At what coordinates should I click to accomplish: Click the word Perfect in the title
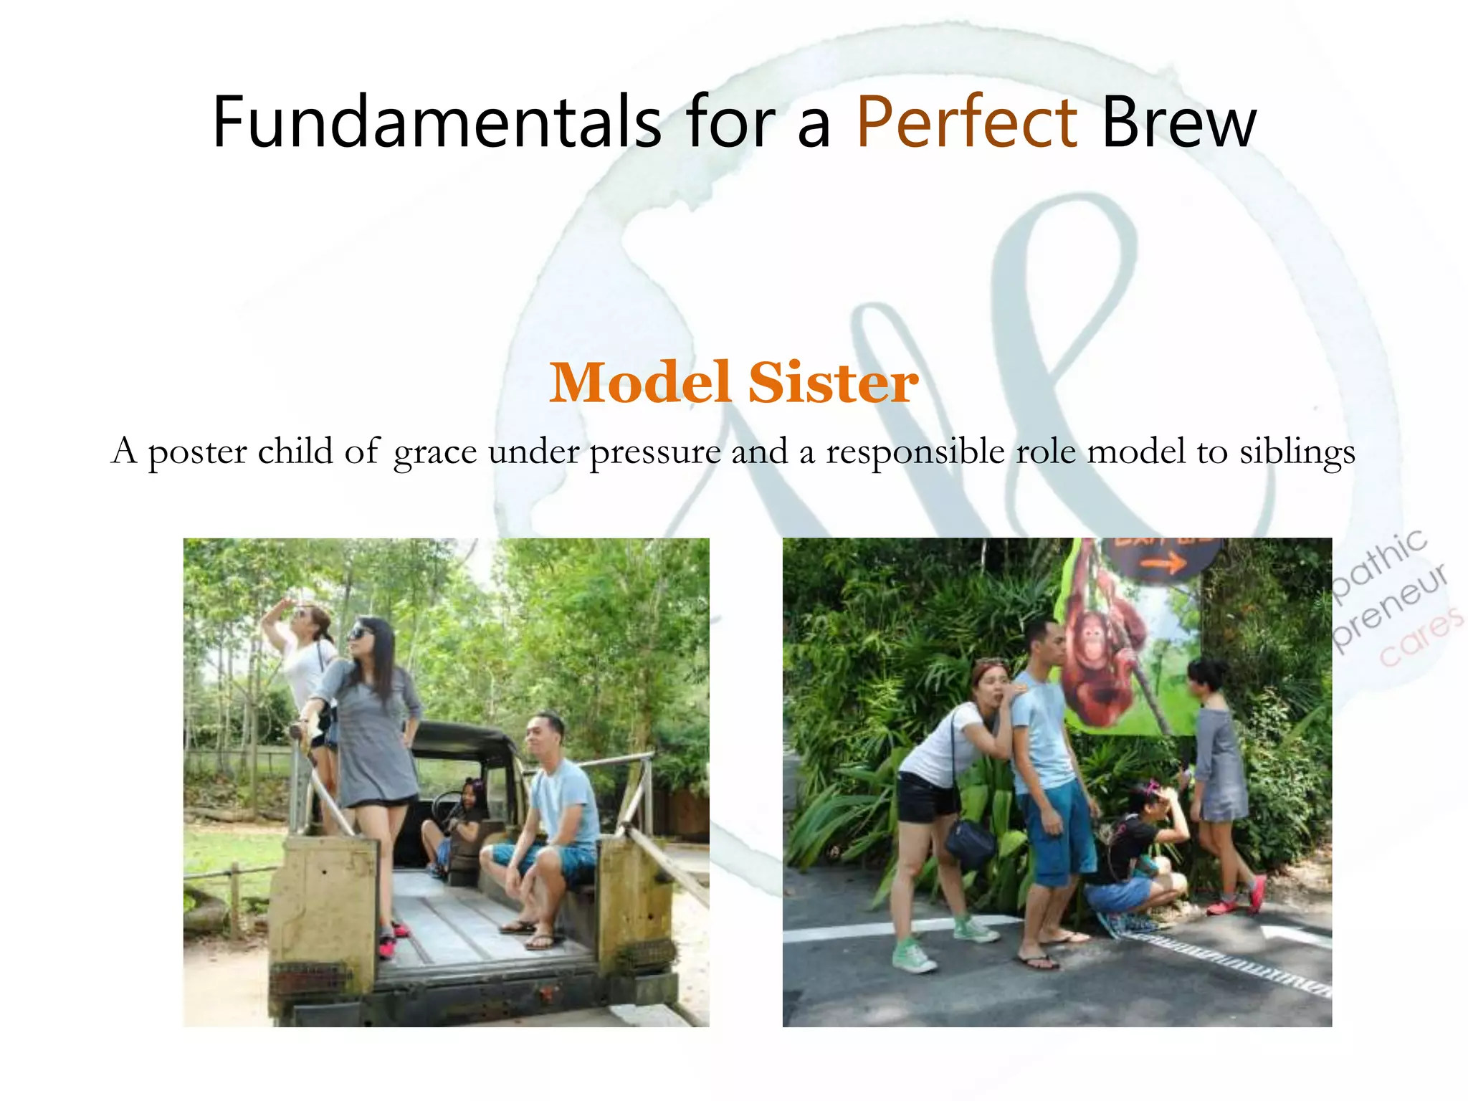[966, 122]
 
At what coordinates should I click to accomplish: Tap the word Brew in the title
[1179, 122]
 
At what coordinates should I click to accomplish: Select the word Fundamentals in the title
[437, 122]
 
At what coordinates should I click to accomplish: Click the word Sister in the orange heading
[833, 383]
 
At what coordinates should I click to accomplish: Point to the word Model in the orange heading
[640, 383]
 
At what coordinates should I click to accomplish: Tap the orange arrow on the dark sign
[1163, 565]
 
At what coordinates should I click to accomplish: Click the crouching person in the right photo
[1136, 860]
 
